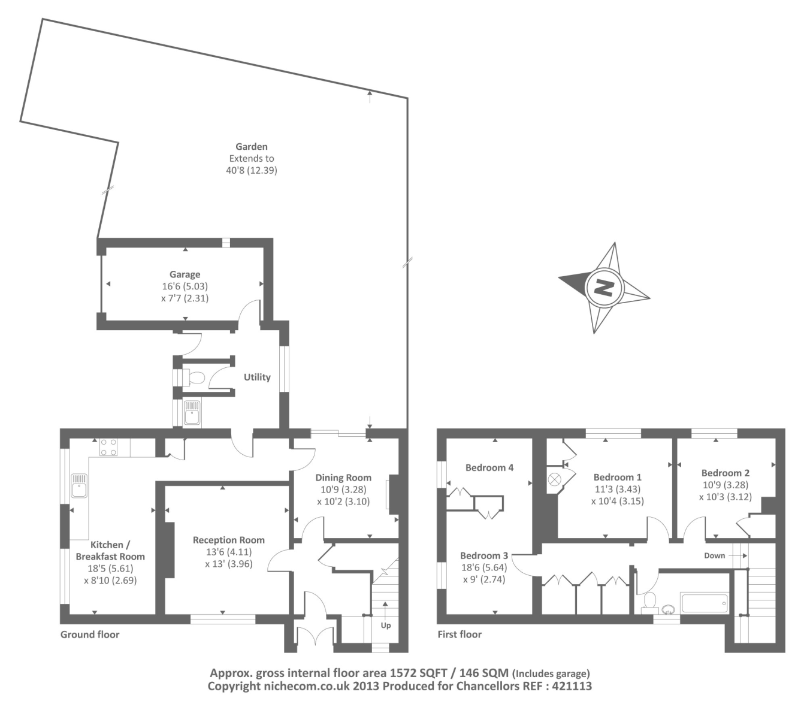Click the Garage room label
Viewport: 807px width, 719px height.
pos(185,274)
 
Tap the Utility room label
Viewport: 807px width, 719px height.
pos(257,377)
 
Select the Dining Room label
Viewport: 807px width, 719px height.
pos(343,478)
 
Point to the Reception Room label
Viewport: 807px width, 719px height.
pos(228,540)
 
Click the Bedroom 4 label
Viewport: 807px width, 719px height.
pos(489,467)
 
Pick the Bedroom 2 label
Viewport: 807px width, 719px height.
pos(725,473)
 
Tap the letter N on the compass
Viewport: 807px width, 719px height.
pos(604,288)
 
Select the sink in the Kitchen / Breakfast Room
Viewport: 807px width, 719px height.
pos(79,486)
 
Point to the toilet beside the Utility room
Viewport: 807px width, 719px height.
pos(196,377)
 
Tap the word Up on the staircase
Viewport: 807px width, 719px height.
pos(386,625)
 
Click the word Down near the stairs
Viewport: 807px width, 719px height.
pos(714,555)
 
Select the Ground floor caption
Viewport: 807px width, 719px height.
pos(90,635)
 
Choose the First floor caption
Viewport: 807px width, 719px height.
pos(460,635)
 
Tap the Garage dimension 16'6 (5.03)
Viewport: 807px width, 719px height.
pos(185,286)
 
